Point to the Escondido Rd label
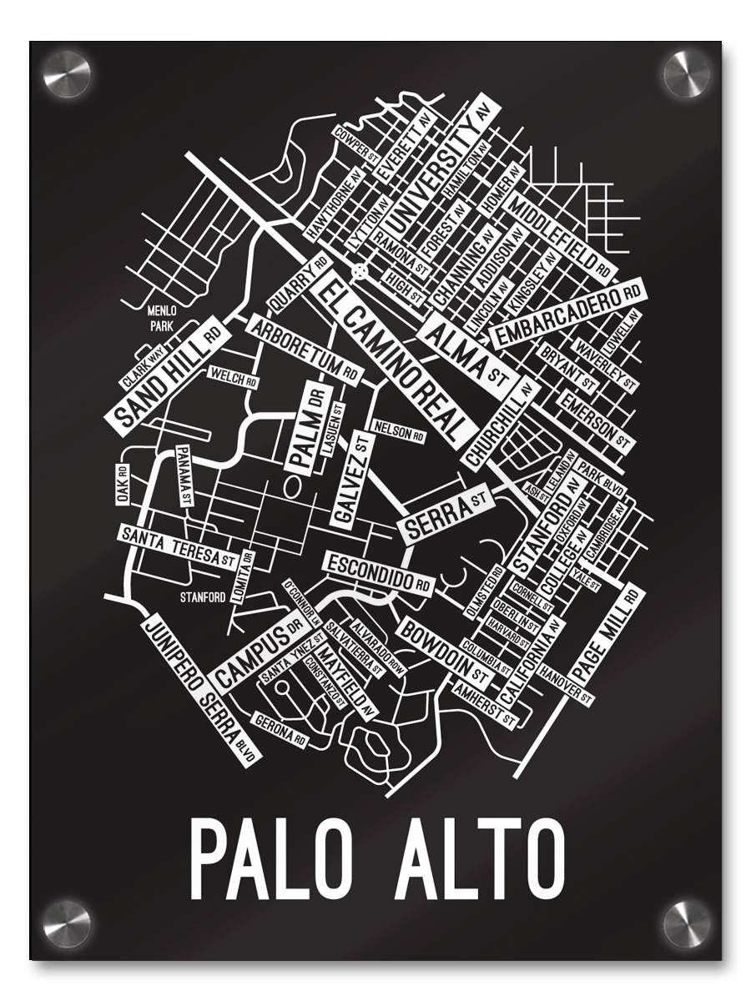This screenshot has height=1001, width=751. [378, 571]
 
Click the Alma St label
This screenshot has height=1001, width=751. [467, 354]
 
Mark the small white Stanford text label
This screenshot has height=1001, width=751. [204, 597]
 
